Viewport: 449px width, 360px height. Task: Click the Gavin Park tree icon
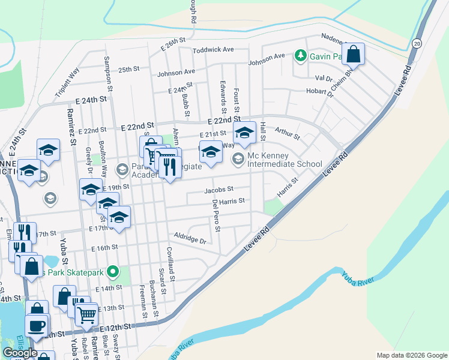coord(300,56)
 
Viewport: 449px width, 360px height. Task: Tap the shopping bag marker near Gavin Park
coord(354,54)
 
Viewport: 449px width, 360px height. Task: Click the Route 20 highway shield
coord(417,43)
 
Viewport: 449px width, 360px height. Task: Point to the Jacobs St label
coord(218,190)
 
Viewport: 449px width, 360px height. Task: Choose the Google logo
coord(20,352)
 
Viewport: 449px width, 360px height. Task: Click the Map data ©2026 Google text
coord(412,355)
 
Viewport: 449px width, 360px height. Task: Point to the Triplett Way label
coord(66,82)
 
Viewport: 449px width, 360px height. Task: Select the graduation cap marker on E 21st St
coord(244,133)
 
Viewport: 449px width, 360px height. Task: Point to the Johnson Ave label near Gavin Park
coord(267,58)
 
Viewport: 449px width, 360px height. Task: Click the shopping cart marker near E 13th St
coord(86,313)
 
